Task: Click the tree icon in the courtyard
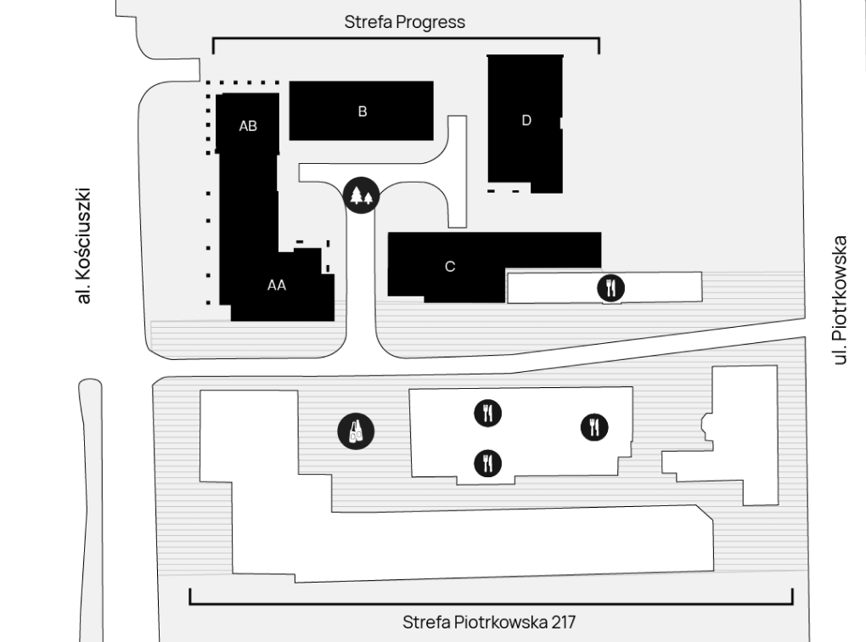361,195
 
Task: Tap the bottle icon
357,431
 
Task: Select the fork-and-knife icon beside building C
610,288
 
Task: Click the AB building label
248,126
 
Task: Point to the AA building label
277,285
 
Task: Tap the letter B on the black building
363,111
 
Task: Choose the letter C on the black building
450,267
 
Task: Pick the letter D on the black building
526,121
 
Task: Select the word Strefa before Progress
368,22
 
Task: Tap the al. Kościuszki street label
83,246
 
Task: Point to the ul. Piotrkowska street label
839,301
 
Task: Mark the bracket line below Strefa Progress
406,38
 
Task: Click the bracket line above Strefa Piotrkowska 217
491,604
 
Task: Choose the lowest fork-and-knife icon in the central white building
487,463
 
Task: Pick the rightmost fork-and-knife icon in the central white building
594,427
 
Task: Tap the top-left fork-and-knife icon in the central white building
487,413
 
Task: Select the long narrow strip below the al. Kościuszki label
91,509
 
